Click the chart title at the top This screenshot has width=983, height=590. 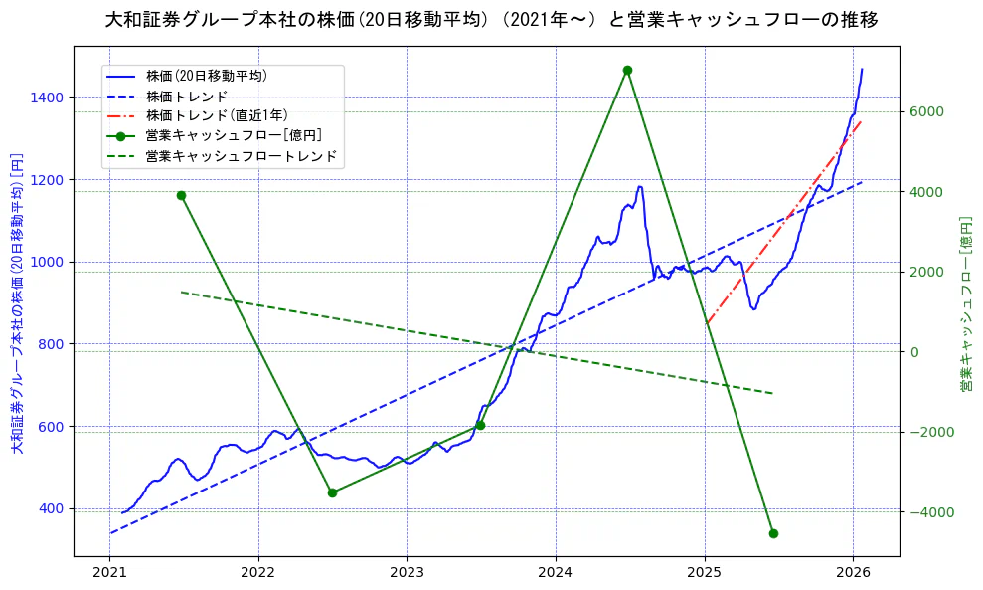click(491, 20)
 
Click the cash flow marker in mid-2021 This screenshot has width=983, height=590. click(181, 195)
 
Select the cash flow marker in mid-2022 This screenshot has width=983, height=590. click(332, 492)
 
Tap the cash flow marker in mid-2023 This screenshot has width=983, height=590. click(480, 425)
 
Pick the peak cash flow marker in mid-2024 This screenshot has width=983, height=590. click(627, 70)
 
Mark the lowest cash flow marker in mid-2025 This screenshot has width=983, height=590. click(773, 533)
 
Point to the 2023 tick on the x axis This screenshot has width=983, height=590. click(407, 572)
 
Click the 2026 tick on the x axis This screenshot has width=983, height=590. click(853, 572)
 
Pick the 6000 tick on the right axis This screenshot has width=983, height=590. click(925, 111)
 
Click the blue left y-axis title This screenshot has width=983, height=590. click(16, 303)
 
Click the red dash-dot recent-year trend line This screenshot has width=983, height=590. click(775, 235)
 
